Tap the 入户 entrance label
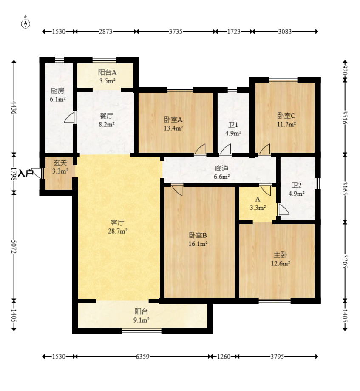26,173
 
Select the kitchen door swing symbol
70,117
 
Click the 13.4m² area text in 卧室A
173,128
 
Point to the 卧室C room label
286,116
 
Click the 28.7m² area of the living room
117,231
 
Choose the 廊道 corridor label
221,168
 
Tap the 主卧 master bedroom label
280,255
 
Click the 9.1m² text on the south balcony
141,320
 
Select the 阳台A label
107,72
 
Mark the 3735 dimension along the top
176,31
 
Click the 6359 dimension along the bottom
142,357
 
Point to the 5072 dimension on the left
14,247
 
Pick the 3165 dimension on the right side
345,188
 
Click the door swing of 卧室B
177,190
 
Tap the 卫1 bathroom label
233,125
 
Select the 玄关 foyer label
60,163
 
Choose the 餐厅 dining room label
106,116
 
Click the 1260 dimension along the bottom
224,357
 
